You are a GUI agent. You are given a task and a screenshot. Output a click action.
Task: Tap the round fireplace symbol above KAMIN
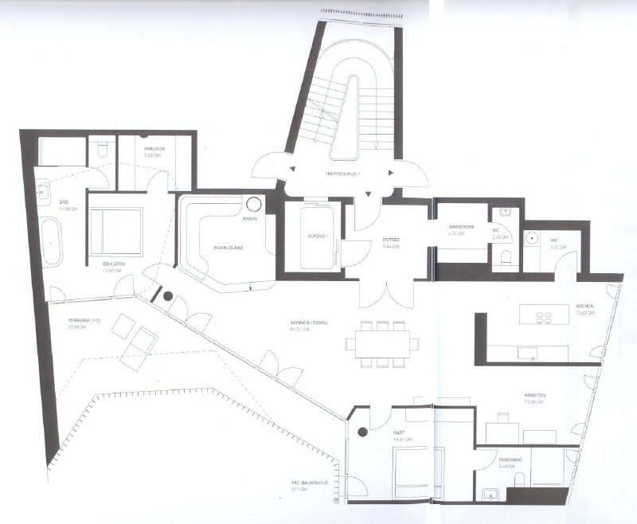[252, 204]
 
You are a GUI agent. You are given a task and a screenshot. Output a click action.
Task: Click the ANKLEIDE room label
[154, 150]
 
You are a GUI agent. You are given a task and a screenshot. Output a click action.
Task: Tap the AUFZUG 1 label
[314, 237]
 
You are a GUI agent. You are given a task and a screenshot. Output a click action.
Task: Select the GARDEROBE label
[462, 227]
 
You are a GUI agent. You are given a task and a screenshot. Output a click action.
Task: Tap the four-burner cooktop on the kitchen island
[544, 317]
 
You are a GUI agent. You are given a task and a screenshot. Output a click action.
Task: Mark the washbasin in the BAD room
[42, 190]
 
